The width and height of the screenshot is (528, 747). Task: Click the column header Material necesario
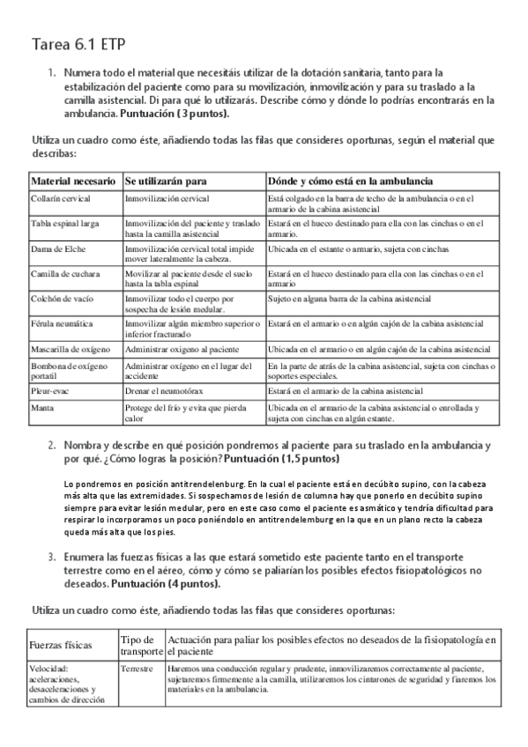73,181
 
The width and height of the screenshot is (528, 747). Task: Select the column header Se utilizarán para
166,181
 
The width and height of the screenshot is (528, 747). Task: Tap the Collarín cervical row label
62,199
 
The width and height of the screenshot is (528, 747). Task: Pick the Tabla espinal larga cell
64,224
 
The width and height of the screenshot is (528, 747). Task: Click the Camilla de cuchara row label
66,273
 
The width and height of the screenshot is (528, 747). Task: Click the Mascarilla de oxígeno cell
71,350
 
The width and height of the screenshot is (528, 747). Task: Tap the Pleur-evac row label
51,389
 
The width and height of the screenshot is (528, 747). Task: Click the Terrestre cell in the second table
138,669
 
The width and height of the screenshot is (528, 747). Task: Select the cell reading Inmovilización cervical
167,199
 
